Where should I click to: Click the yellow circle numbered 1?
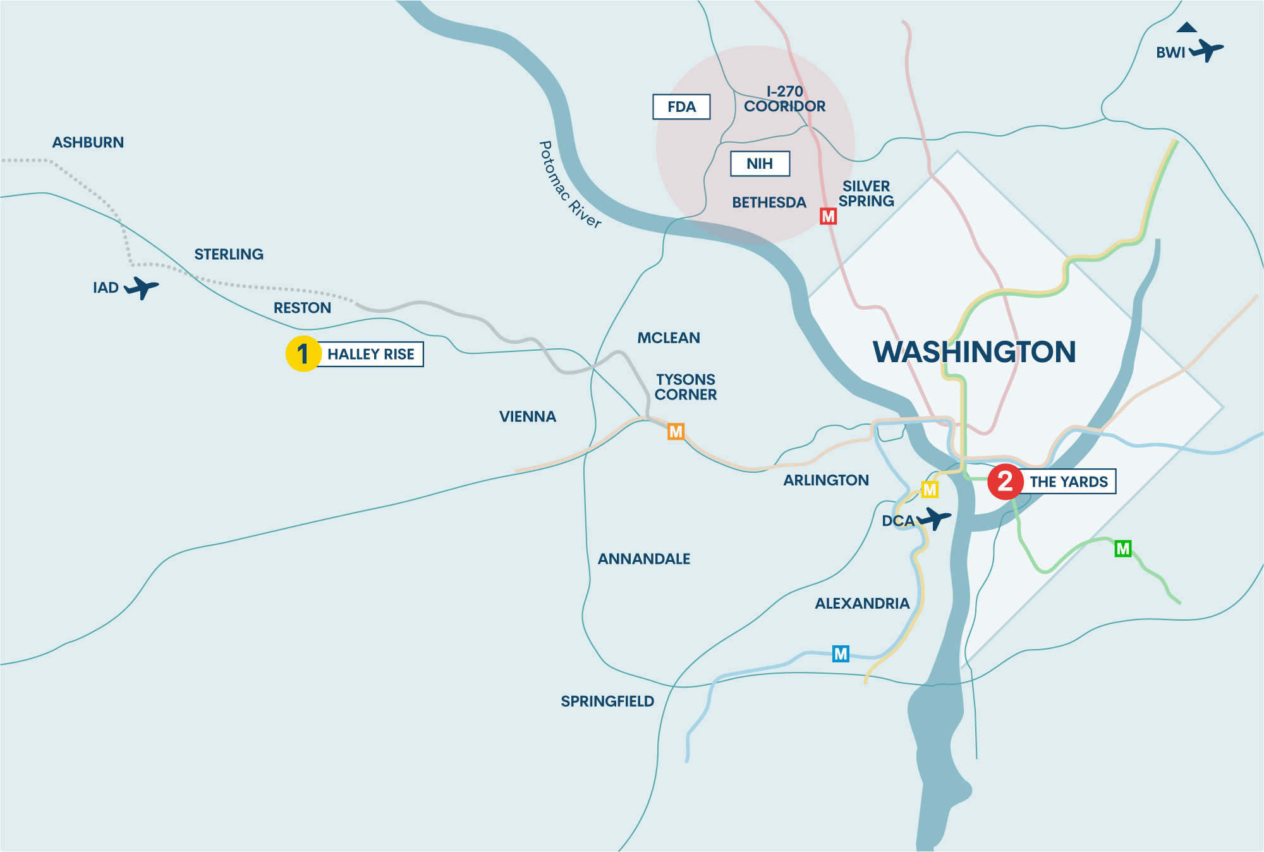click(303, 354)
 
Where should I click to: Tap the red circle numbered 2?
click(1006, 482)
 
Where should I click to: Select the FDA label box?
click(681, 107)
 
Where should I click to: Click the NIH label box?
click(760, 164)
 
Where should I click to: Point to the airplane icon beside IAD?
click(142, 288)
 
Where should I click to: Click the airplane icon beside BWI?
click(1206, 50)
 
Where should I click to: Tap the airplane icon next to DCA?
click(934, 519)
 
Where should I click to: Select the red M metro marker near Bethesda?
click(828, 217)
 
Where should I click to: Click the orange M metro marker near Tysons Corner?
click(676, 432)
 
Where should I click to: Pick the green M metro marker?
click(1123, 549)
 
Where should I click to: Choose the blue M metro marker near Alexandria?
click(841, 654)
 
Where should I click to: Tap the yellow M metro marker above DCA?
click(930, 490)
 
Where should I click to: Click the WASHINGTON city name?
click(974, 352)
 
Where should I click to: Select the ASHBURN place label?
click(88, 143)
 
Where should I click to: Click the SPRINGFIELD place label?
click(607, 702)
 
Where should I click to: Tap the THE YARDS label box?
click(1069, 482)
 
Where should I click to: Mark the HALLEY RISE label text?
click(371, 355)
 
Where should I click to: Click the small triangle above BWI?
click(1187, 27)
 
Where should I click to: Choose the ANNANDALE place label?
click(644, 559)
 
